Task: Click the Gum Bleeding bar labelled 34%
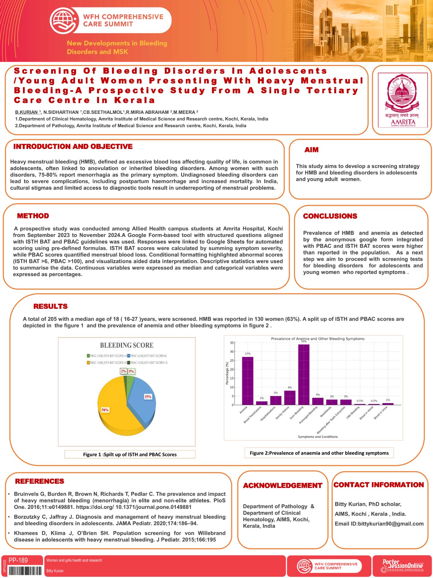(x=304, y=375)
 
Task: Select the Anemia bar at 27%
(x=247, y=381)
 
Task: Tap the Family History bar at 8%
(x=290, y=397)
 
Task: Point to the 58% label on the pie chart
(x=105, y=410)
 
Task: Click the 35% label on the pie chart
(x=148, y=397)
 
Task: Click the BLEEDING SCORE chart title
(x=127, y=345)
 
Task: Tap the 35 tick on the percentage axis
(x=232, y=343)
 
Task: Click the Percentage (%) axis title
(x=227, y=373)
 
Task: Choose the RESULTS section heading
(x=50, y=306)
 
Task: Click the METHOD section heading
(x=33, y=216)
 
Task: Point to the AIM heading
(x=311, y=150)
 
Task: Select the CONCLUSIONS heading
(x=330, y=216)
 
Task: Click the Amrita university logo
(x=402, y=100)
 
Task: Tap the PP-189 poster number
(x=18, y=560)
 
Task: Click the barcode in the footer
(x=25, y=571)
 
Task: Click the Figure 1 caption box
(x=130, y=454)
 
